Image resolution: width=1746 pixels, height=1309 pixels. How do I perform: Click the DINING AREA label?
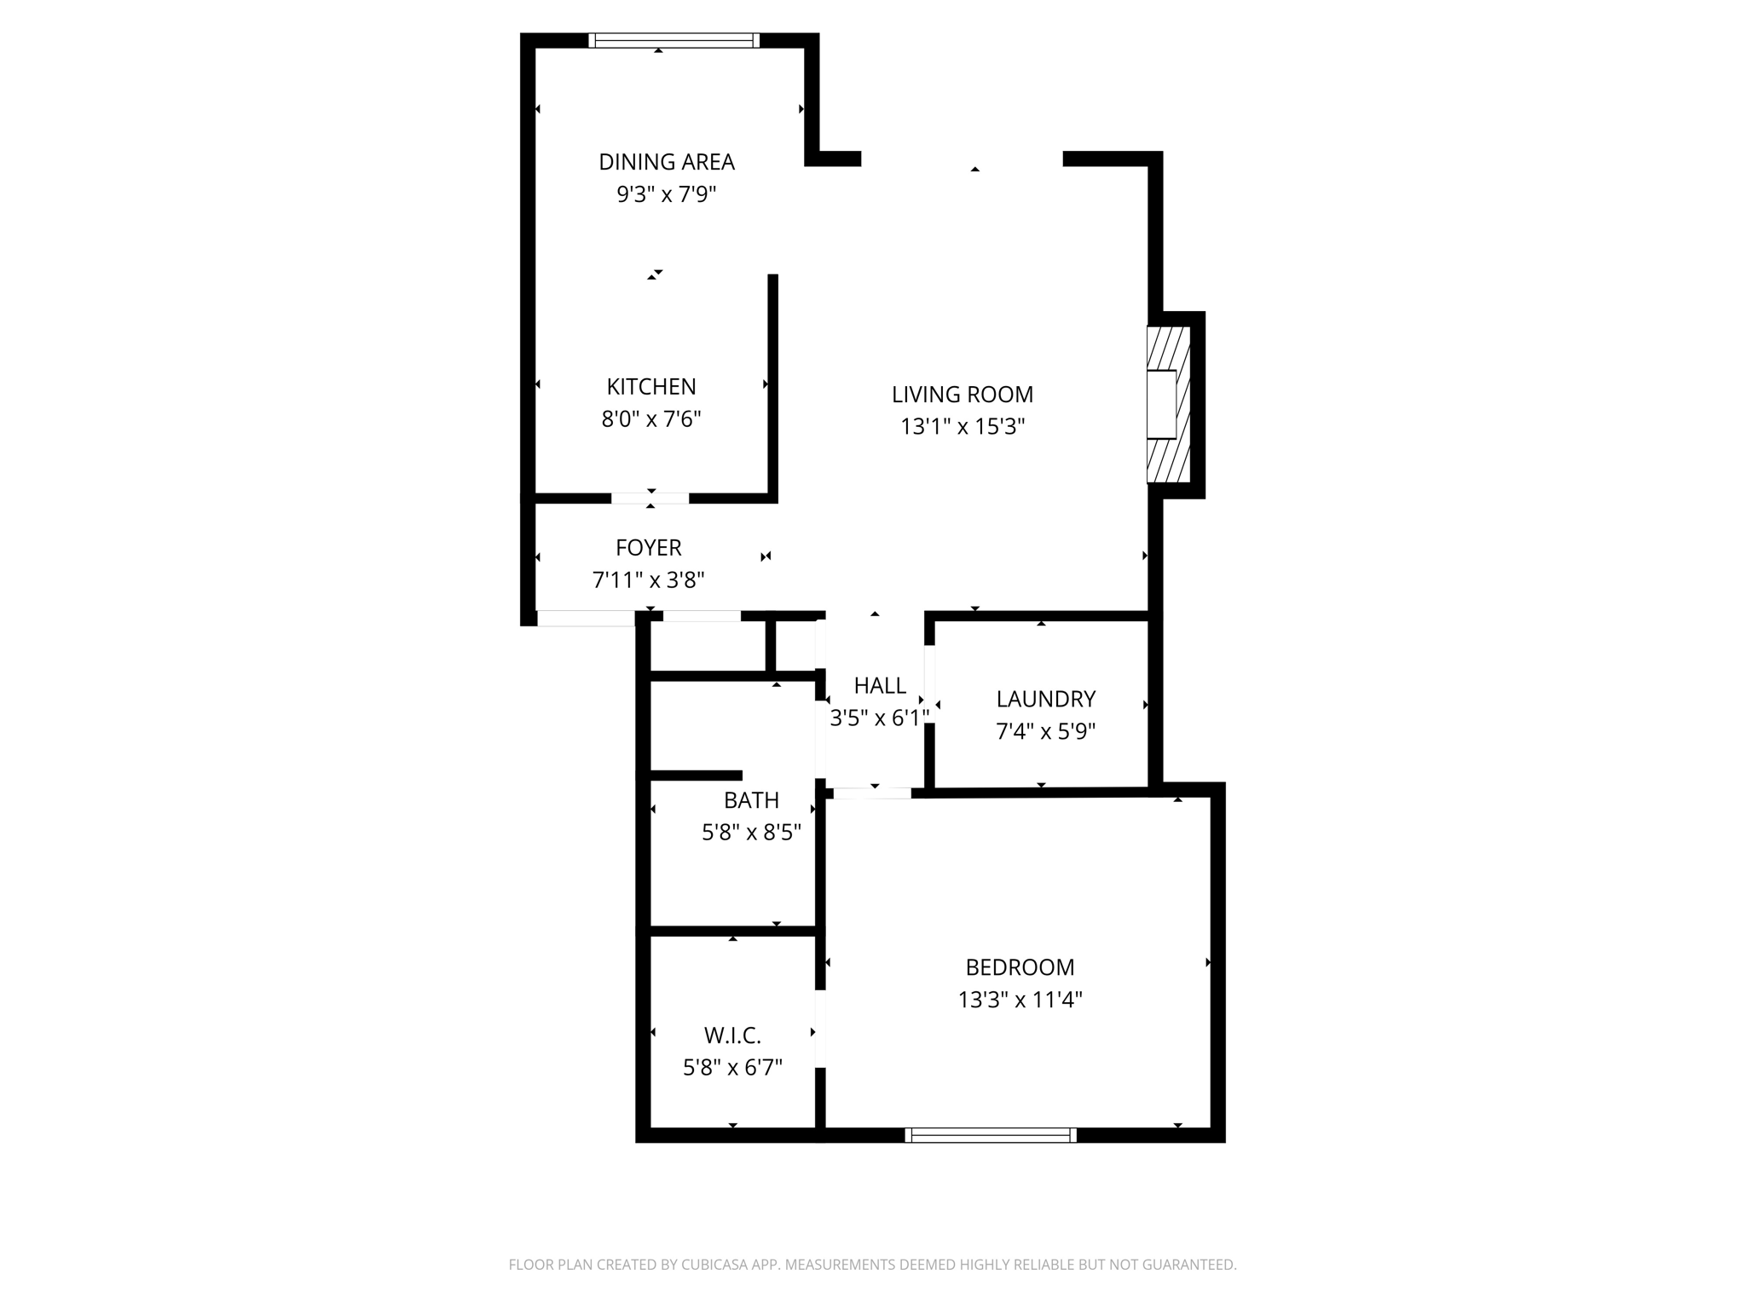click(x=666, y=162)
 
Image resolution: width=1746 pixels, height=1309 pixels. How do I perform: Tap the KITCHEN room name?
click(x=651, y=387)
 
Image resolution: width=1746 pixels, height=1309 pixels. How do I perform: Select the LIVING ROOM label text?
click(x=963, y=395)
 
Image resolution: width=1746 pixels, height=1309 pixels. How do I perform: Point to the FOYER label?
click(x=649, y=548)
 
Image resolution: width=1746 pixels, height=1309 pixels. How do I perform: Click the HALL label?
click(x=880, y=686)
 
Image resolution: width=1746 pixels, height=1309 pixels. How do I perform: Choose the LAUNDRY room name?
click(x=1045, y=700)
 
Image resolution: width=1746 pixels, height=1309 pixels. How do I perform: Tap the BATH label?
click(x=751, y=800)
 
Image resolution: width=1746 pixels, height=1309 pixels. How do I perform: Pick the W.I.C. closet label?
click(x=732, y=1035)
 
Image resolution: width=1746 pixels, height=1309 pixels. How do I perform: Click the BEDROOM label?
click(x=1020, y=967)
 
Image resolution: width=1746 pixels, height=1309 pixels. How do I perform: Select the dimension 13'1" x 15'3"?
click(x=963, y=427)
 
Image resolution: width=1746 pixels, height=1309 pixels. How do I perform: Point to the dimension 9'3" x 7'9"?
click(x=666, y=195)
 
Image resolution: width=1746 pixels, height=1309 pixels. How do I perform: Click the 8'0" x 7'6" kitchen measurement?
click(x=651, y=419)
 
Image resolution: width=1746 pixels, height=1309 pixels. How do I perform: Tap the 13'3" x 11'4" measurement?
click(x=1020, y=1000)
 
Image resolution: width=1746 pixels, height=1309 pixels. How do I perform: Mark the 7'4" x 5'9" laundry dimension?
click(x=1045, y=732)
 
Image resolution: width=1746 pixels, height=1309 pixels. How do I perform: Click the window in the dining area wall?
click(x=674, y=40)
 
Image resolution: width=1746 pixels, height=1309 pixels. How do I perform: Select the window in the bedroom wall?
click(x=991, y=1134)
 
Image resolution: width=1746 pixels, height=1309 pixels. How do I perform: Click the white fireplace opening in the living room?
click(x=1161, y=405)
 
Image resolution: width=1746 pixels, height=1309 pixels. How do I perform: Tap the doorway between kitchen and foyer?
click(x=650, y=499)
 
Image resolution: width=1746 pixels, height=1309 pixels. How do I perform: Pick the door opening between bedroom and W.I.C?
click(x=820, y=1029)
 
